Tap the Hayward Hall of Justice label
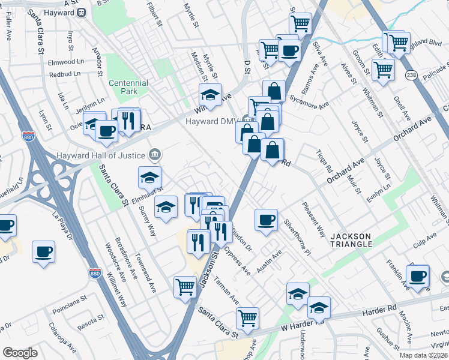(x=101, y=155)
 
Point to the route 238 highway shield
(x=411, y=75)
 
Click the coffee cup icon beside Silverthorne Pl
(x=265, y=219)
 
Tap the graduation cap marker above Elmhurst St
(x=149, y=176)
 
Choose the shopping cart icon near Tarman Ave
(x=185, y=286)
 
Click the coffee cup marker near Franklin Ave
(x=418, y=275)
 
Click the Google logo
(x=20, y=353)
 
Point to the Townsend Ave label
(x=145, y=273)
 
